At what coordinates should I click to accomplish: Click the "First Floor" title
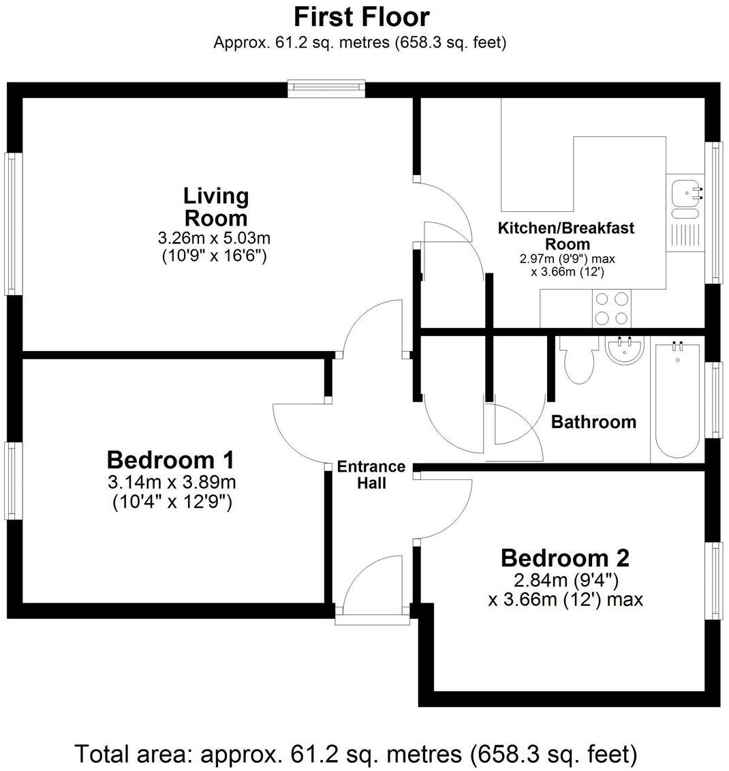(x=361, y=16)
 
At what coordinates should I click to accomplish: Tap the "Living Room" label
(x=215, y=207)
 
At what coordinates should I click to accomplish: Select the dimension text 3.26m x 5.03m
(x=214, y=239)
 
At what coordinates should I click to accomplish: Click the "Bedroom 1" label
(x=171, y=459)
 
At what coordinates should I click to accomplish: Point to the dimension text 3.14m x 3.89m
(x=171, y=483)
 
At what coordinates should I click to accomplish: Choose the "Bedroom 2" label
(x=565, y=558)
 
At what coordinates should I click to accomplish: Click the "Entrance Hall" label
(x=371, y=475)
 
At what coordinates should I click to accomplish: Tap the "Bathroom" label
(x=593, y=422)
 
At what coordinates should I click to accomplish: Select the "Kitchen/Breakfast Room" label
(x=566, y=236)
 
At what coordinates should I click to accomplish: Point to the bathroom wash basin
(x=623, y=352)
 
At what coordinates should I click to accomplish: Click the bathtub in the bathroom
(x=676, y=402)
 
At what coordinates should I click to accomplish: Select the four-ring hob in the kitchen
(x=611, y=308)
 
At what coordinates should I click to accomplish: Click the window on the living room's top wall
(x=326, y=88)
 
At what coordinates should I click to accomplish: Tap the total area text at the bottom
(x=356, y=754)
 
